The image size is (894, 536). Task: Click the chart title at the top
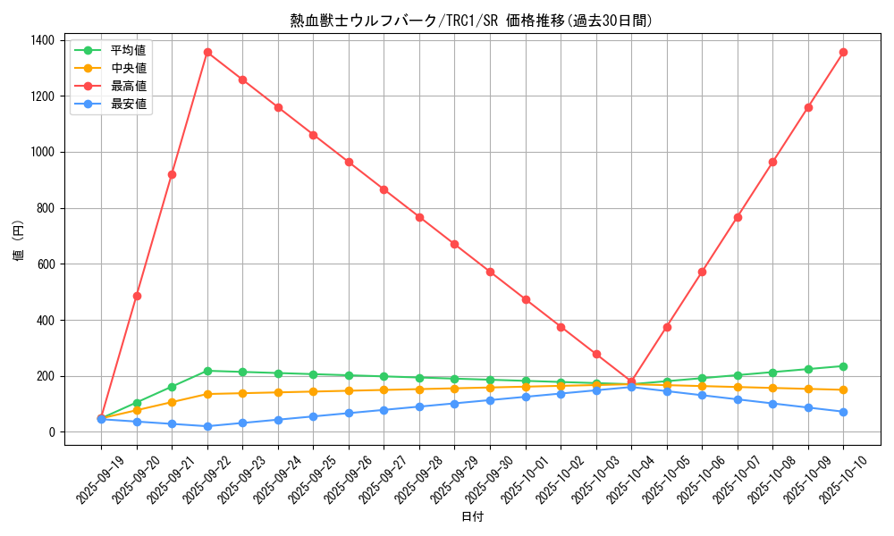(x=471, y=21)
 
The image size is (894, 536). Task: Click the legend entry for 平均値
(x=128, y=49)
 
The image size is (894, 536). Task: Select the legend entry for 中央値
(x=128, y=67)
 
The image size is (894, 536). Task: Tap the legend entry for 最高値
(x=128, y=86)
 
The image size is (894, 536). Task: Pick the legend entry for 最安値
(x=128, y=104)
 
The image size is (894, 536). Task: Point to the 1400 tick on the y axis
(x=42, y=40)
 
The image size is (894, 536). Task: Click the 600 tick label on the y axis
(x=46, y=264)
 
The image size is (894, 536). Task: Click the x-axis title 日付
(x=472, y=517)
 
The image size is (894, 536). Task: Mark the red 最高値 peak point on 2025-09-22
(x=207, y=52)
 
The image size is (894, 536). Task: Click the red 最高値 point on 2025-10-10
(x=843, y=52)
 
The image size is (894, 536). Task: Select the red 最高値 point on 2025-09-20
(x=137, y=296)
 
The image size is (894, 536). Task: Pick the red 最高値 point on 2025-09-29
(x=454, y=244)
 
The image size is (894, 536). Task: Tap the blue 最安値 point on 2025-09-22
(x=207, y=426)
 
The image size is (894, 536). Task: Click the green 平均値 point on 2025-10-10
(x=843, y=366)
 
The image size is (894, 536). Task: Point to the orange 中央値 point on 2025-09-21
(x=172, y=402)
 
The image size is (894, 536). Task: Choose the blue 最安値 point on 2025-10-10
(x=843, y=412)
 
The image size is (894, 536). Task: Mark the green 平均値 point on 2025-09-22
(x=207, y=371)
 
